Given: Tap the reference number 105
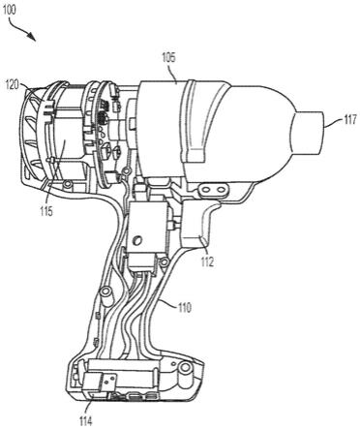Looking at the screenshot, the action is (168, 58).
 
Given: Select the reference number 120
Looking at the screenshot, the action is (13, 85).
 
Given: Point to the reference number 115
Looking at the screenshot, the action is (46, 212).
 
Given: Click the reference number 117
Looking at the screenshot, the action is (349, 119).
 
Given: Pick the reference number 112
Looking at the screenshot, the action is (207, 262).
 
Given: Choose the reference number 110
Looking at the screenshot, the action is (184, 307).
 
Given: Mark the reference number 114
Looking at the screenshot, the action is (85, 421).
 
